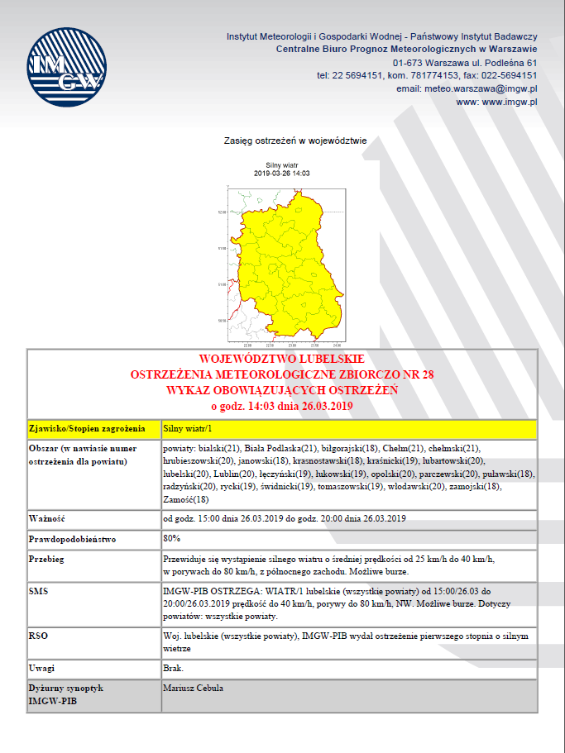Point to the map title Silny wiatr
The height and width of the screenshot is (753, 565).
pyautogui.click(x=281, y=165)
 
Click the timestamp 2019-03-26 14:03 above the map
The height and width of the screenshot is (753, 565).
pyautogui.click(x=281, y=173)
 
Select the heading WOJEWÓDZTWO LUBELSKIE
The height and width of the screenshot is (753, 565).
pyautogui.click(x=282, y=360)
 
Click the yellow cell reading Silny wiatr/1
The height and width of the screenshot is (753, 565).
pyautogui.click(x=188, y=429)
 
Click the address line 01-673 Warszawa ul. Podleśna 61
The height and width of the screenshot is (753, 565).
pyautogui.click(x=466, y=63)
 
